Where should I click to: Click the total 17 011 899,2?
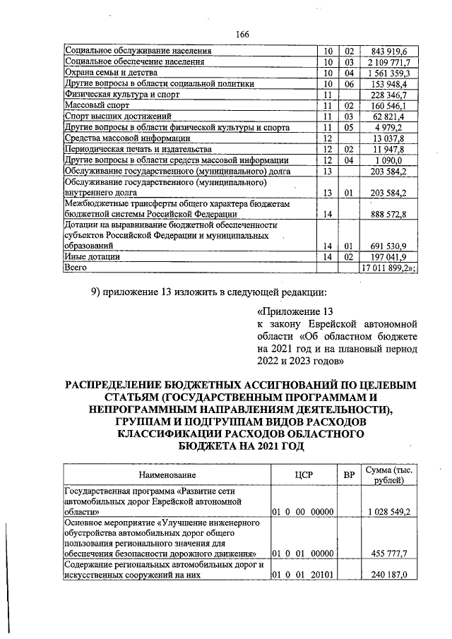tap(389, 269)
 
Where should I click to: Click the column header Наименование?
tap(167, 475)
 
